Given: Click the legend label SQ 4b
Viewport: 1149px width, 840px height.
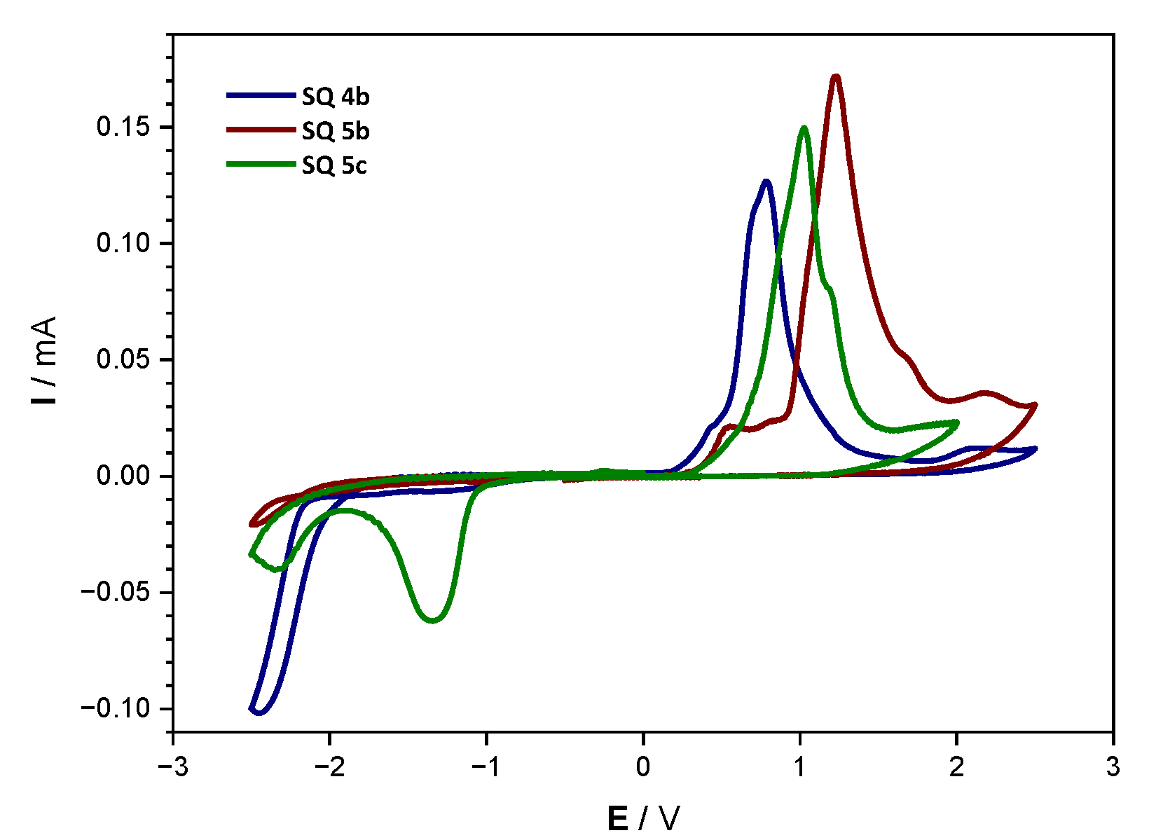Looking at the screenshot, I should [336, 97].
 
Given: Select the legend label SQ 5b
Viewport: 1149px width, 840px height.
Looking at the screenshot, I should [336, 131].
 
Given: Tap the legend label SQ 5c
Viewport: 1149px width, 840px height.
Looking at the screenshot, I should [334, 165].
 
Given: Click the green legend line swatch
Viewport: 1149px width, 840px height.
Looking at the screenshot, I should [260, 165].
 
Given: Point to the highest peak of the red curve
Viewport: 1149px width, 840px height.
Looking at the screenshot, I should [835, 76].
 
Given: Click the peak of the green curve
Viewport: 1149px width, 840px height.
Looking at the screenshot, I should [804, 128].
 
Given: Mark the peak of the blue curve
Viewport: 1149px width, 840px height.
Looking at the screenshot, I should [766, 181].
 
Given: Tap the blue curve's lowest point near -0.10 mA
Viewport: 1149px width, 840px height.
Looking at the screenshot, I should [259, 713].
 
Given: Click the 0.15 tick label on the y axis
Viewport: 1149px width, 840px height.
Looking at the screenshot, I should [123, 128].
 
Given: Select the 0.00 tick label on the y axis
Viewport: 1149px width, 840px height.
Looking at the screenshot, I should [123, 476].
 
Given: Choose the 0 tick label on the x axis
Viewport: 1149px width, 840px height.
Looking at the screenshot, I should [643, 768].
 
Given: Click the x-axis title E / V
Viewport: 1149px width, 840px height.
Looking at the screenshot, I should [643, 818].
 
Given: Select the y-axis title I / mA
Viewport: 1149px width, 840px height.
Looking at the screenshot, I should [45, 361].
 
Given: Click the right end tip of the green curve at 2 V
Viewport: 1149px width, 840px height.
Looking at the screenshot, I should [957, 422].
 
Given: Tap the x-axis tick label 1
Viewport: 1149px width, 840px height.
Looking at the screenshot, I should [799, 768].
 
